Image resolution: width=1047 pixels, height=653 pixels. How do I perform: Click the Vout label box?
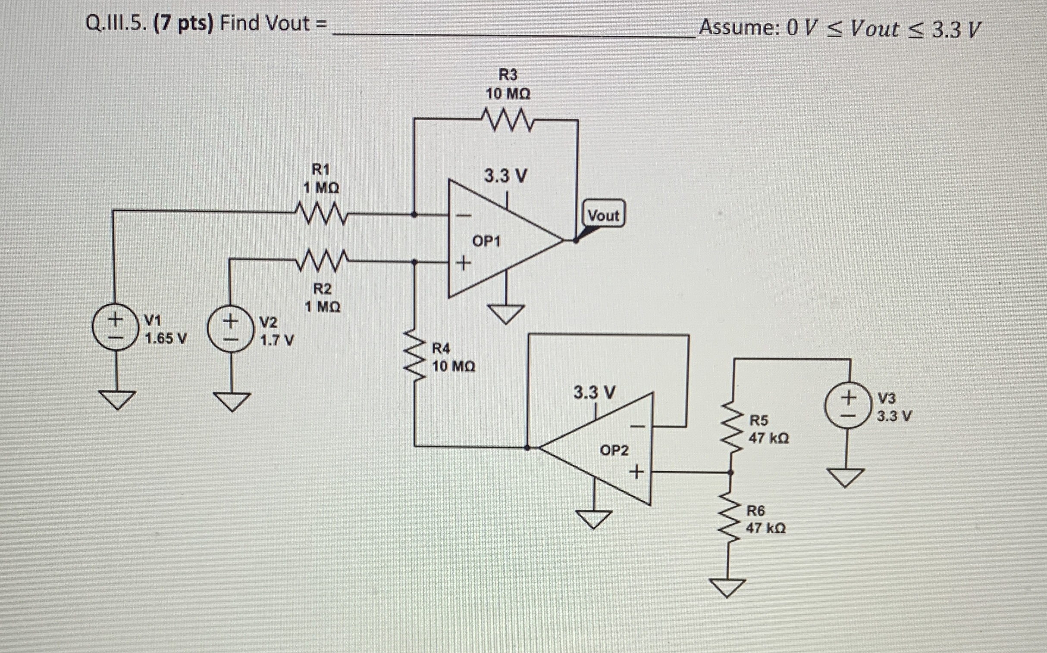(x=604, y=215)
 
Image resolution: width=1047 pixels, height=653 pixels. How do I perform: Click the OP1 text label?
(x=486, y=241)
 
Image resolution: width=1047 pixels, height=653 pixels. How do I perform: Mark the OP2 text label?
(x=614, y=451)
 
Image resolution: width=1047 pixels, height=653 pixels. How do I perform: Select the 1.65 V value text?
(x=166, y=339)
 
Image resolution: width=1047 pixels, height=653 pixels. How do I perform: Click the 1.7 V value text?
(x=277, y=341)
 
